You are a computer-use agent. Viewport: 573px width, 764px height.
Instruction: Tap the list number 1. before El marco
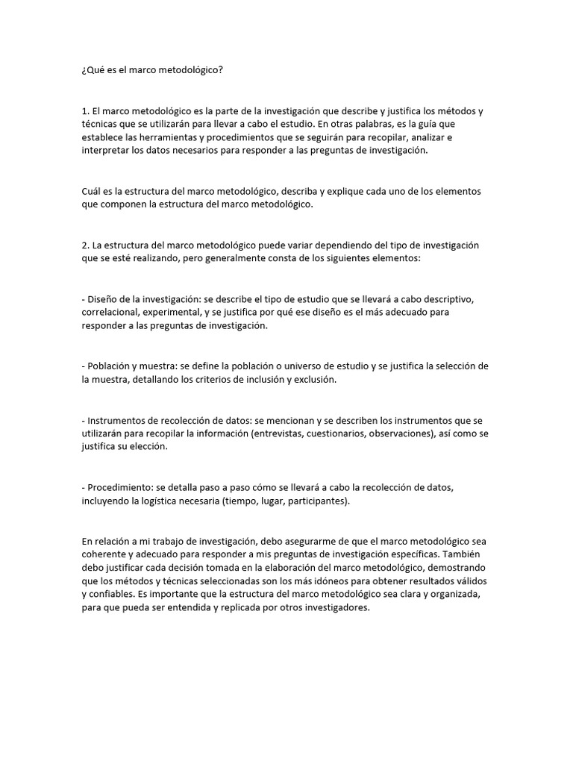[86, 111]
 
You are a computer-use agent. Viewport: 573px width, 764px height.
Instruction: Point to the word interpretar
[105, 150]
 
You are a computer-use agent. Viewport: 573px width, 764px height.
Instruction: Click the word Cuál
[91, 191]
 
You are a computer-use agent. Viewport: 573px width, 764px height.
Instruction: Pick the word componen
[126, 204]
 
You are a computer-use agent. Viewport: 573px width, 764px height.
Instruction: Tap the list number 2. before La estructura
[86, 245]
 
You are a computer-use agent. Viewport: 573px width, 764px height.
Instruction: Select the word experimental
[177, 313]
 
